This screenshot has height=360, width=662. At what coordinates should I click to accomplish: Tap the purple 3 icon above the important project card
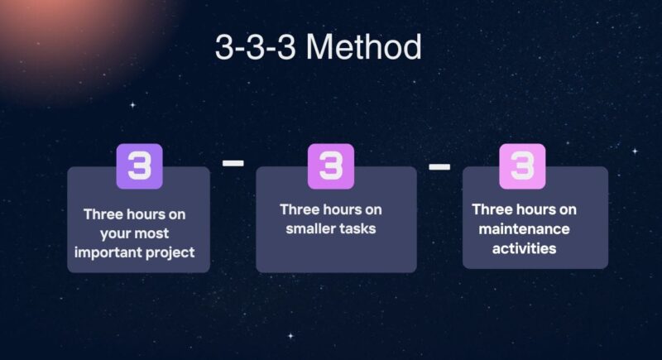click(139, 166)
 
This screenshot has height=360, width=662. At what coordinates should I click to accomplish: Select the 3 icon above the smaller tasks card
click(330, 166)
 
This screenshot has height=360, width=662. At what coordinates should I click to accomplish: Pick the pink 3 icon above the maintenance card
click(522, 166)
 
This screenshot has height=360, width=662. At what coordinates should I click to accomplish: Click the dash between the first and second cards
click(233, 164)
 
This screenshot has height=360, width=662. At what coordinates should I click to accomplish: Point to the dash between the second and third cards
click(439, 168)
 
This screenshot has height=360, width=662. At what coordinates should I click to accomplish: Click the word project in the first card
click(169, 252)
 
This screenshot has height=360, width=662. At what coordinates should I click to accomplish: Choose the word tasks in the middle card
click(358, 228)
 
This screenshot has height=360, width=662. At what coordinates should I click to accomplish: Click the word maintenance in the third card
click(522, 228)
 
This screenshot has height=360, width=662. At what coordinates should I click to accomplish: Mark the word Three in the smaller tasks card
click(300, 209)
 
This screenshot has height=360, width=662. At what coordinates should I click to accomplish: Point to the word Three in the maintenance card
click(492, 209)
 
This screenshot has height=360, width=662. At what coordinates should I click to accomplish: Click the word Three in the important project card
click(103, 214)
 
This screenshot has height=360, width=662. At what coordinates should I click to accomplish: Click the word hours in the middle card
click(342, 209)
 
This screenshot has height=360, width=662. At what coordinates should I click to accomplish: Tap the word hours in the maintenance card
click(535, 209)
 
